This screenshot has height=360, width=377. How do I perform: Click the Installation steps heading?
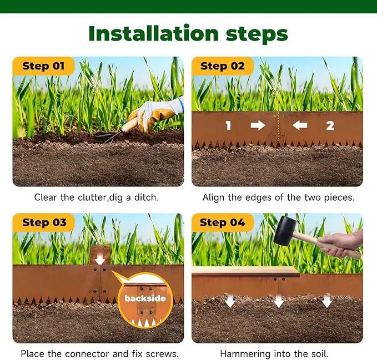point(188,34)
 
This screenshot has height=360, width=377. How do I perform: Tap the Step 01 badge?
point(43,66)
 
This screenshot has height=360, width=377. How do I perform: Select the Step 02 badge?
point(223,66)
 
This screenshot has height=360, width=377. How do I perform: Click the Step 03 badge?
point(44,222)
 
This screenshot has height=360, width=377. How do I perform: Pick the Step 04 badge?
point(223,222)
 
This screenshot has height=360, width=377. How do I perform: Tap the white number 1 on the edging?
point(228,125)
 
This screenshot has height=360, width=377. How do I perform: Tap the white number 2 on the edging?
point(330,125)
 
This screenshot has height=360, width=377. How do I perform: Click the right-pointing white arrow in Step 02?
point(258,125)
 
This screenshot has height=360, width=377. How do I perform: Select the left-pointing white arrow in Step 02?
point(300,125)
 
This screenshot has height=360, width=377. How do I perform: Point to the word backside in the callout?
point(145,298)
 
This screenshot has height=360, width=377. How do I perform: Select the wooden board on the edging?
point(245,272)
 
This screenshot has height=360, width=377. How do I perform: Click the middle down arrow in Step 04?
point(279,301)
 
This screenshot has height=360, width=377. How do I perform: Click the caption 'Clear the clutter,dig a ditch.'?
point(97,197)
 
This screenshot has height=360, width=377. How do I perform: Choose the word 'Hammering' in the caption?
point(245,354)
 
